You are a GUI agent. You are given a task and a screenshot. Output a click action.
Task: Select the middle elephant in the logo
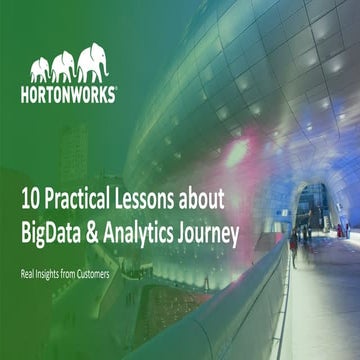point(65,66)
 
